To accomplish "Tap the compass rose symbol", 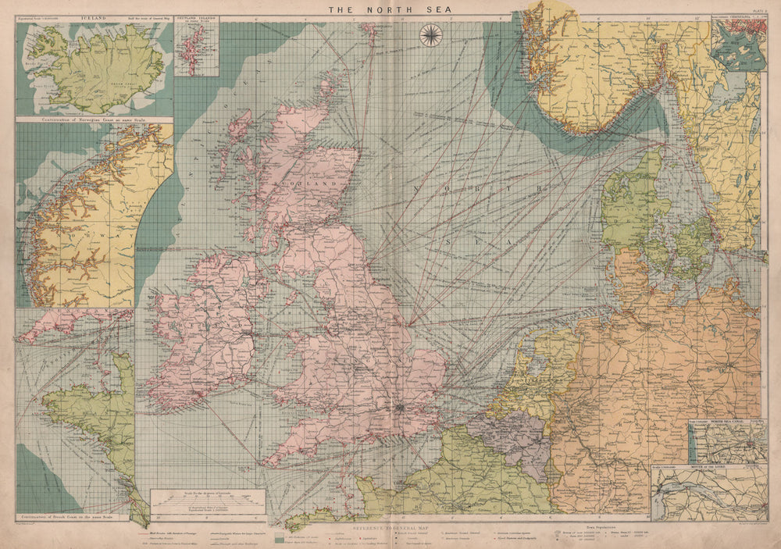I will tap(430, 35).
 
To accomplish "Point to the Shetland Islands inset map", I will tap(196, 49).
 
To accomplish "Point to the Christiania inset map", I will tap(737, 46).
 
